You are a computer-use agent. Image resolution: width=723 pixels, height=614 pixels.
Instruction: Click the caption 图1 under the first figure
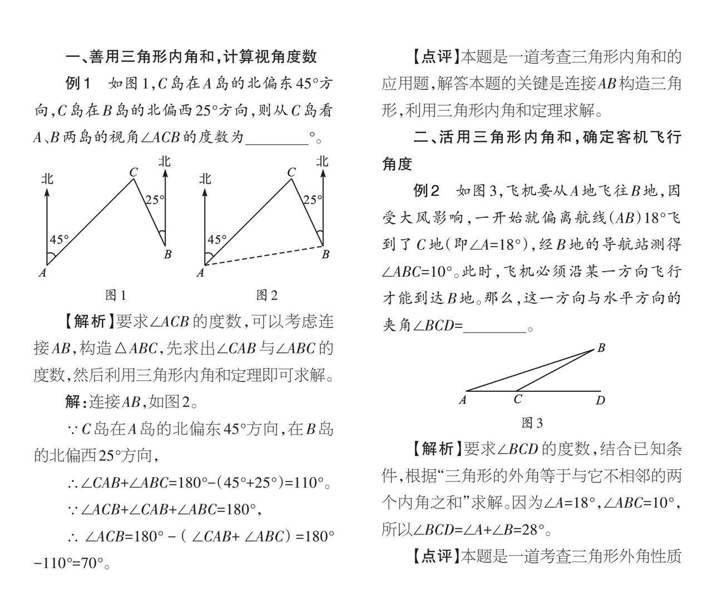[116, 296]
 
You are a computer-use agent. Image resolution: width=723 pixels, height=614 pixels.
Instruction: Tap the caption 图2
[267, 296]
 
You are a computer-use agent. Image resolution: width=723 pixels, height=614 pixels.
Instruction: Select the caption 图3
[532, 424]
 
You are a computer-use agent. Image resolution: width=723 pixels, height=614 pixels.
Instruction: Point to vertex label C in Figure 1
[133, 173]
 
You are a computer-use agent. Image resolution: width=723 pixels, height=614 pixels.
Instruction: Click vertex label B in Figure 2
[325, 254]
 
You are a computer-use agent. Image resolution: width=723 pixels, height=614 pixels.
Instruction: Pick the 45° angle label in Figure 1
[60, 240]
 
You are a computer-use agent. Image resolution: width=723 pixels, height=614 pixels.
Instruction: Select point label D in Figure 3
[600, 400]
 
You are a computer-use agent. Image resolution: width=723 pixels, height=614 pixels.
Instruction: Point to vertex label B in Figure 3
[601, 348]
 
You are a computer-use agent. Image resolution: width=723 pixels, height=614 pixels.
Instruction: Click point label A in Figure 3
[463, 400]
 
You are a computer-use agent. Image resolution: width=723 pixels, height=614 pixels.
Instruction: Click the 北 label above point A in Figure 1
[47, 179]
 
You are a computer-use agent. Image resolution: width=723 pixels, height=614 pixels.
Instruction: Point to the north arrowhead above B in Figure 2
[323, 174]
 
